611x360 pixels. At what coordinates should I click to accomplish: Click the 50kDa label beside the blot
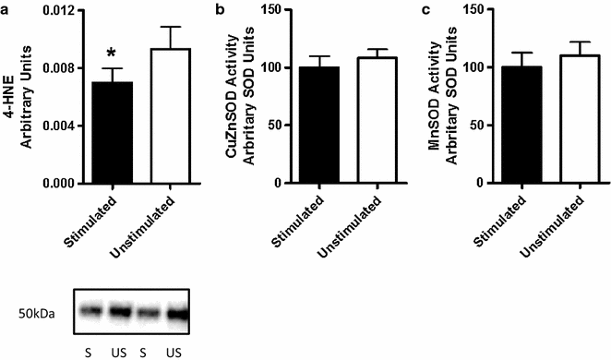[36, 314]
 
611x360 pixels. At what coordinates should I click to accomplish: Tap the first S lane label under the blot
[87, 352]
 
